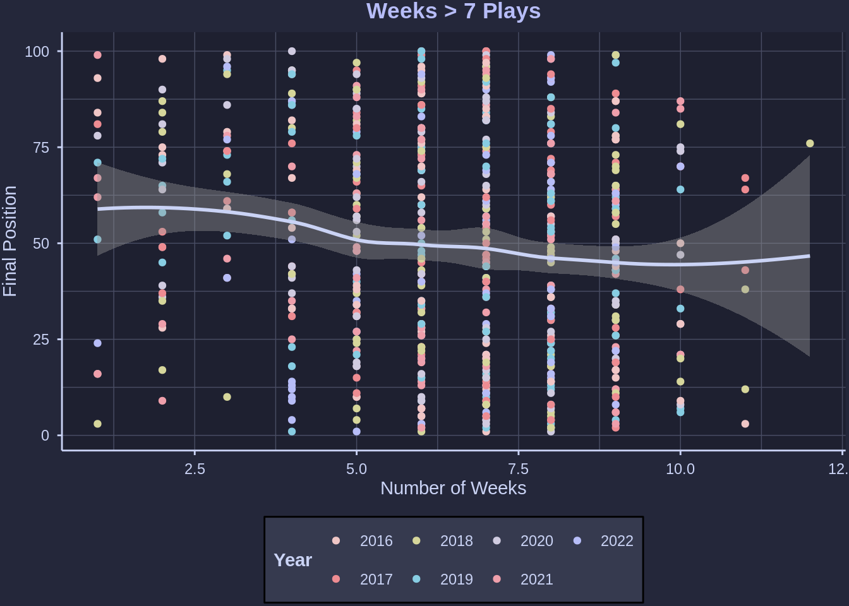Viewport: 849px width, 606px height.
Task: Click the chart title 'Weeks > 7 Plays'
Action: click(x=453, y=11)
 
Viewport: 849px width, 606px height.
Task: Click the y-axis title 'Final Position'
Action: click(x=10, y=241)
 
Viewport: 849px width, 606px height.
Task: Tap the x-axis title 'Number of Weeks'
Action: click(x=453, y=488)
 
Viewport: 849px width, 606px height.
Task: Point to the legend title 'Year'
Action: click(x=292, y=560)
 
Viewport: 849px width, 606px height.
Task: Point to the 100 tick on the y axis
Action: click(x=37, y=52)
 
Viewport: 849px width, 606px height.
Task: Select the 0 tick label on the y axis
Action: click(x=45, y=436)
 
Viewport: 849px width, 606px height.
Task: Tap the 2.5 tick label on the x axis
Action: click(x=195, y=469)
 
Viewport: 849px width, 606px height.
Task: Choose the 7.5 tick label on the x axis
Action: click(x=518, y=469)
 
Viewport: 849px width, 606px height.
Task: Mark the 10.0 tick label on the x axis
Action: click(x=680, y=469)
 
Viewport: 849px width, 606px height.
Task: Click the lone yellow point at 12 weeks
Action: click(x=810, y=144)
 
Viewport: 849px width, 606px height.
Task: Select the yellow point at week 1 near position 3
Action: click(x=97, y=424)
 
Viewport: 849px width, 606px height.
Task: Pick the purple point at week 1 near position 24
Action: click(x=97, y=343)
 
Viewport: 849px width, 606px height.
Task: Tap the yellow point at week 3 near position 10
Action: click(x=227, y=397)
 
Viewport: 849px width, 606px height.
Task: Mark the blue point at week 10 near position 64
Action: click(x=680, y=189)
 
